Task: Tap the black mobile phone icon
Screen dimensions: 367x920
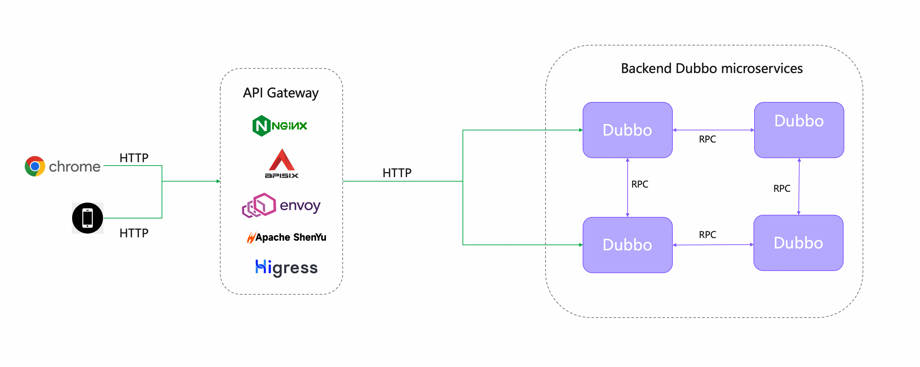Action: pos(88,218)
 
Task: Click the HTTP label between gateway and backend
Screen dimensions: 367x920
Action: pos(397,173)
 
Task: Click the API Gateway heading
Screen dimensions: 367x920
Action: pos(281,93)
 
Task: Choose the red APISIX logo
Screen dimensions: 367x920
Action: pos(281,164)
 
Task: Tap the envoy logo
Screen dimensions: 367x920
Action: pos(281,205)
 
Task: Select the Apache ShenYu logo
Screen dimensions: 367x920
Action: pos(286,237)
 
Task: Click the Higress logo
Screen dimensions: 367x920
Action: pos(286,268)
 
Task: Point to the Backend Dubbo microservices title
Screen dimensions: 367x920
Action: pos(711,68)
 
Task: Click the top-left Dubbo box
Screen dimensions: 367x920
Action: pos(627,130)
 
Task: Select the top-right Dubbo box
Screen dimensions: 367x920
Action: pos(799,130)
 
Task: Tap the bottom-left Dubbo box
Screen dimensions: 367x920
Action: pos(627,245)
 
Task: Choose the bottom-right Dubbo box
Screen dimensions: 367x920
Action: pos(798,243)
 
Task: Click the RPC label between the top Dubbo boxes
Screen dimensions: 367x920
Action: pos(707,139)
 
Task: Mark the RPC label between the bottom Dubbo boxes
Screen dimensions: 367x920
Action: pos(707,234)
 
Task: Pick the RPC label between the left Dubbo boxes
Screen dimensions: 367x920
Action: pos(640,184)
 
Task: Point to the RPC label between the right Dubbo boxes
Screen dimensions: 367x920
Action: pos(782,188)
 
